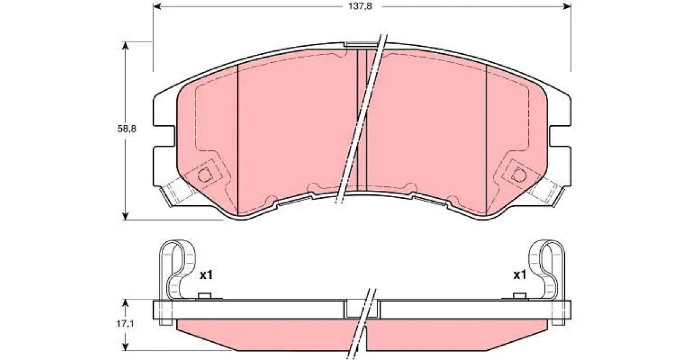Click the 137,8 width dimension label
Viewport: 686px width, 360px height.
click(x=360, y=6)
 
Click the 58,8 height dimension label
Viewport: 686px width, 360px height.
click(x=127, y=129)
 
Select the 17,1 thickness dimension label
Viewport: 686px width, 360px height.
click(x=125, y=323)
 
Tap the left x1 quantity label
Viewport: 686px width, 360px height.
click(x=206, y=275)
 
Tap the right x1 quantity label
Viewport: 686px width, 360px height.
click(x=520, y=275)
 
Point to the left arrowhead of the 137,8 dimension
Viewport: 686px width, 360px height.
click(x=157, y=6)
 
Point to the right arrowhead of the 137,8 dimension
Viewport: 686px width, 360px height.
click(x=567, y=6)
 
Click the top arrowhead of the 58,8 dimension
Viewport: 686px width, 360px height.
click(x=125, y=45)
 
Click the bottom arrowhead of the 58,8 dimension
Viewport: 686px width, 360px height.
click(x=125, y=216)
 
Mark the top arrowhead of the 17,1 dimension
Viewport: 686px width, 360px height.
click(x=125, y=303)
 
